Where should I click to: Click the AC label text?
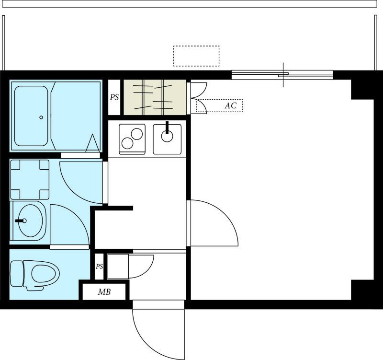[x=231, y=105]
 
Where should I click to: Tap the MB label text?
[x=104, y=292]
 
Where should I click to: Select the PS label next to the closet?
[x=114, y=97]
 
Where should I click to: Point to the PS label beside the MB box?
[x=99, y=267]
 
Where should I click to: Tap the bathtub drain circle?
[x=41, y=117]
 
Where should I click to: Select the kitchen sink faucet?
[x=167, y=128]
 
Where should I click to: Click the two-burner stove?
[x=132, y=139]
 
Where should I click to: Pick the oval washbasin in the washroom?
[x=30, y=221]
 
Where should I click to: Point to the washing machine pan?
[x=30, y=179]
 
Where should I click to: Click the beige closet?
[x=155, y=97]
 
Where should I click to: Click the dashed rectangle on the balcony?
[x=196, y=56]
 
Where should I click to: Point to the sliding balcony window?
[x=282, y=75]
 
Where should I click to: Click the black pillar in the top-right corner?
[x=362, y=89]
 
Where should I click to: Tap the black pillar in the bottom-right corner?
[x=362, y=290]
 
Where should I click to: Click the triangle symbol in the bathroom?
[x=93, y=143]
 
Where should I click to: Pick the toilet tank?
[x=17, y=273]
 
